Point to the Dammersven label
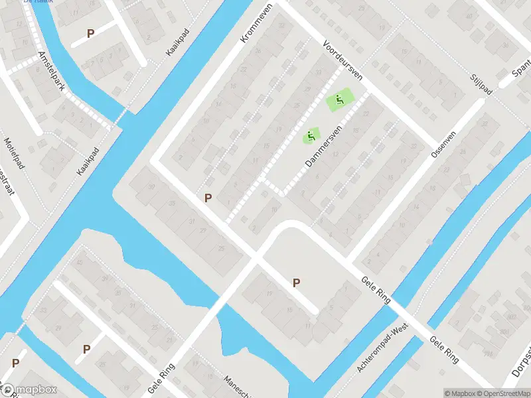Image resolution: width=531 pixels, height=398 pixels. pyautogui.click(x=323, y=146)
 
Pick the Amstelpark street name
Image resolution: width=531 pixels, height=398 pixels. pyautogui.click(x=51, y=71)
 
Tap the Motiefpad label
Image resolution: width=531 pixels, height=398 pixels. pyautogui.click(x=14, y=153)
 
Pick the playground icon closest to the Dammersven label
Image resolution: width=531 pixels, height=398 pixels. pyautogui.click(x=310, y=137)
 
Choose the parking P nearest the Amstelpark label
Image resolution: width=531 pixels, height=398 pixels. pyautogui.click(x=90, y=33)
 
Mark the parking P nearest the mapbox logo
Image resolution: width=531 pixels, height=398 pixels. pyautogui.click(x=15, y=363)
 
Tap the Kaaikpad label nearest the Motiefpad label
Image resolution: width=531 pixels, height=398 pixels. pyautogui.click(x=87, y=161)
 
